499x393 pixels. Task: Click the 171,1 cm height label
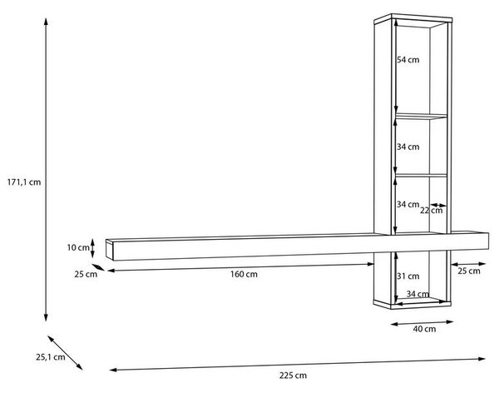[x=24, y=182]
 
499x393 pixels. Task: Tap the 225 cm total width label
[x=293, y=376]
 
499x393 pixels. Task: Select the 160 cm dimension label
[x=244, y=274]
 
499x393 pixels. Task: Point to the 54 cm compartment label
[x=408, y=60]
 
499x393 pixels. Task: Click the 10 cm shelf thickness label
[x=78, y=247]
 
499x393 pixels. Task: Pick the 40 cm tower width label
[x=424, y=329]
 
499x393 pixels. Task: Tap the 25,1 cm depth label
[x=50, y=357]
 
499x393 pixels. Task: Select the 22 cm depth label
[x=431, y=211]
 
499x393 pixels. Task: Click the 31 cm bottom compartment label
[x=408, y=276]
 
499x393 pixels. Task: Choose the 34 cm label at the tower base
[x=417, y=294]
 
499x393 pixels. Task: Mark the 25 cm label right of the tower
[x=469, y=271]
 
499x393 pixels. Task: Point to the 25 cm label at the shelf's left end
[x=86, y=274]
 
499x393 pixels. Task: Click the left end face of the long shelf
[x=110, y=251]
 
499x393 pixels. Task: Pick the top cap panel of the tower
[x=413, y=19]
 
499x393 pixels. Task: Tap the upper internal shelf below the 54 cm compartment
[x=422, y=116]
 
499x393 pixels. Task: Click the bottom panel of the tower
[x=413, y=304]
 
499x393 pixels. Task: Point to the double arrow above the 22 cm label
[x=438, y=205]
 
